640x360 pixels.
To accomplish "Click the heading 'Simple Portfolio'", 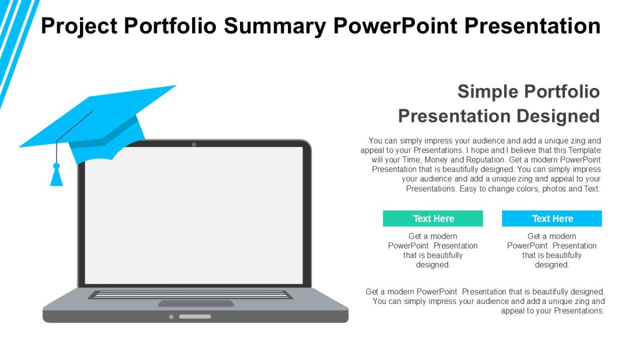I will (x=528, y=91).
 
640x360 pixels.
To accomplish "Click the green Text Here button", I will (x=433, y=219).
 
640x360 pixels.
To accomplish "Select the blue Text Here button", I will (x=551, y=219).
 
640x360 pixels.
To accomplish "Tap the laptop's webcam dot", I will (x=194, y=145).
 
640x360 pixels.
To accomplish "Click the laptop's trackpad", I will (x=196, y=303).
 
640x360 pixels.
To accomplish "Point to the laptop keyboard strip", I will (x=190, y=294).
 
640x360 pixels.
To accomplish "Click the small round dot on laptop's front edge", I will (x=171, y=317).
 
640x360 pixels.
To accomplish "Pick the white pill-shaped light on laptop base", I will (x=195, y=317).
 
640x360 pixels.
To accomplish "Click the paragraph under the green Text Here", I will (x=433, y=251).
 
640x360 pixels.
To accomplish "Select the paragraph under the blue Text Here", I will (x=551, y=251).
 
